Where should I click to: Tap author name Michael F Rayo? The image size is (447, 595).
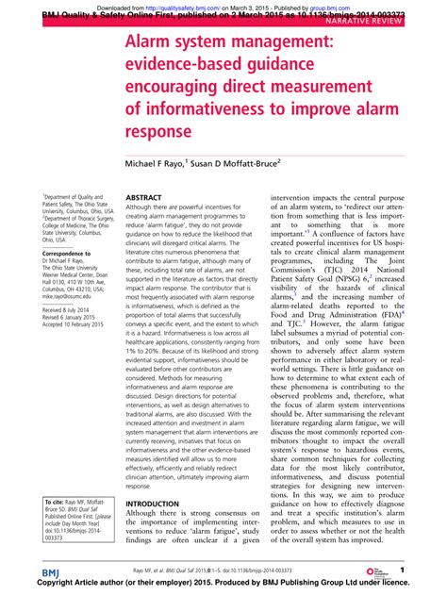[x=172, y=163]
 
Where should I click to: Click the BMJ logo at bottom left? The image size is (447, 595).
[x=50, y=574]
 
